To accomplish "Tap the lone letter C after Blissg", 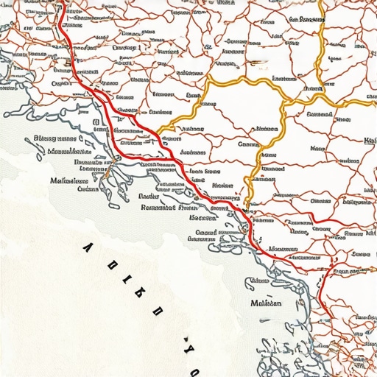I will [x=87, y=138].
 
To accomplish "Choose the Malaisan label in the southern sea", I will [x=266, y=303].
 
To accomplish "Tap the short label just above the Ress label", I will [x=149, y=197].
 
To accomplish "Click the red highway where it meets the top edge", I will [x=60, y=2].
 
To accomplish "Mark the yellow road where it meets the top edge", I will [x=323, y=2].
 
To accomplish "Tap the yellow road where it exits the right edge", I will [x=375, y=102].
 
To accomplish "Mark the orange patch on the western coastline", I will [x=106, y=177].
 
